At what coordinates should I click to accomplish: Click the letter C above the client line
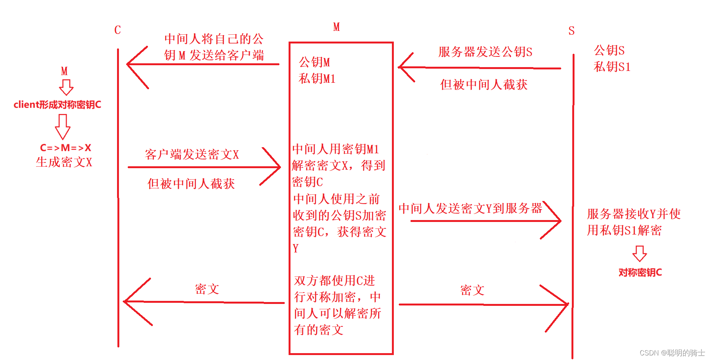click(117, 30)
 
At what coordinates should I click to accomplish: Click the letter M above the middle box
click(336, 27)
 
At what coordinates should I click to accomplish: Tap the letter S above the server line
click(571, 31)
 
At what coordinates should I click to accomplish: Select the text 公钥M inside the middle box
click(314, 62)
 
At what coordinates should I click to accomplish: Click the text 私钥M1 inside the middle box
click(317, 79)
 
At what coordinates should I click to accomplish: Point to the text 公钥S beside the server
click(609, 50)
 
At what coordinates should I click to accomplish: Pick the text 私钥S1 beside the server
click(612, 67)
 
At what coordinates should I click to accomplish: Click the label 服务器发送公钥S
click(485, 52)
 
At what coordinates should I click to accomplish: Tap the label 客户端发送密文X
click(192, 154)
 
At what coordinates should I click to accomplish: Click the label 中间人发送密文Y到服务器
click(470, 208)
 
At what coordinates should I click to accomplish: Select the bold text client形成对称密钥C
click(58, 104)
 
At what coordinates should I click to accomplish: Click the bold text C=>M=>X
click(66, 148)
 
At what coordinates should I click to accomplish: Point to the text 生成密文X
click(64, 162)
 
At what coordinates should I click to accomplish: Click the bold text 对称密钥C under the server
click(640, 272)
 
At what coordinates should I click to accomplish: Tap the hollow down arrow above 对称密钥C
click(639, 253)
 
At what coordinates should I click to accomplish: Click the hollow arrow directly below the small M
click(66, 87)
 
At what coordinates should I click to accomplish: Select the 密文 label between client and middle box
click(207, 289)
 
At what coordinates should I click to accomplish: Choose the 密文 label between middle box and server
click(472, 290)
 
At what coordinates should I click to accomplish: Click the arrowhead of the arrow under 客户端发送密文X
click(278, 167)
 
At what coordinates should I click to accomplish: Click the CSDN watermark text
click(672, 353)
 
